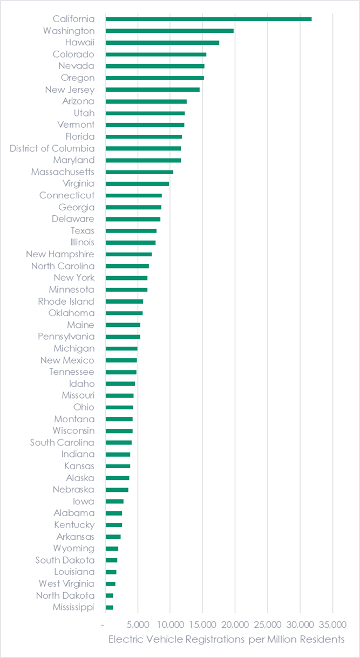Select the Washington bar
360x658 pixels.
[x=169, y=31]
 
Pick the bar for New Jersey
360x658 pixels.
[x=153, y=90]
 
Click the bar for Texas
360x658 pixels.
[x=131, y=231]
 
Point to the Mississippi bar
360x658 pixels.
[x=109, y=607]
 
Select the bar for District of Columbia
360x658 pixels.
[x=143, y=148]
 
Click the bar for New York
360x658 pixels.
[x=126, y=278]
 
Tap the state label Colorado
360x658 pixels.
[x=73, y=54]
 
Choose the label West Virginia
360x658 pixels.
[x=66, y=584]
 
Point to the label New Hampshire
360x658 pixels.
[x=60, y=254]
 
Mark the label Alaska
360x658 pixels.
[x=80, y=478]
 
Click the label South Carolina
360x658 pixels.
[x=62, y=442]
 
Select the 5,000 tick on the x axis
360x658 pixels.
[x=138, y=624]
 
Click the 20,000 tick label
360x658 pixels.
[x=235, y=624]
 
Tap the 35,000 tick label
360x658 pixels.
[x=332, y=624]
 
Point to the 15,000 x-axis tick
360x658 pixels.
[x=202, y=624]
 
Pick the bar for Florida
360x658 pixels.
[x=144, y=136]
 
